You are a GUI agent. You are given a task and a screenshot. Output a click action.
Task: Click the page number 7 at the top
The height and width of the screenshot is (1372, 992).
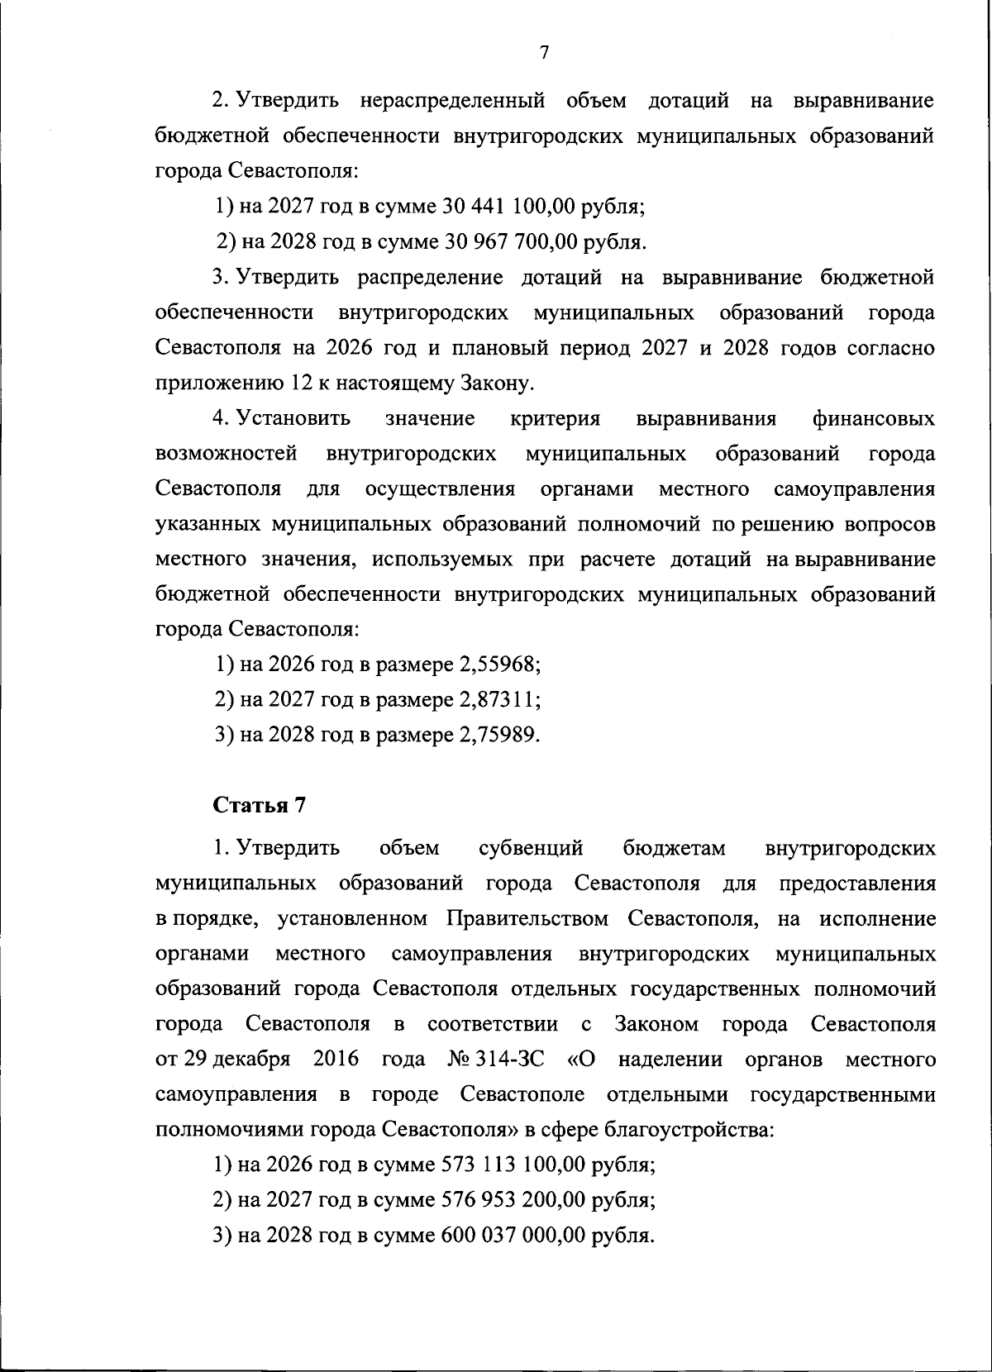(544, 53)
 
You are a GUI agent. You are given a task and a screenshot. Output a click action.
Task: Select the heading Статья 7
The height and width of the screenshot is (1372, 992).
(260, 805)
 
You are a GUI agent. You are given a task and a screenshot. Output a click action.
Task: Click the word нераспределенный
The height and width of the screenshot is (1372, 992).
(452, 102)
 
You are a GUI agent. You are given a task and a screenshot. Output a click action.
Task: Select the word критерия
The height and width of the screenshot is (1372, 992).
(556, 419)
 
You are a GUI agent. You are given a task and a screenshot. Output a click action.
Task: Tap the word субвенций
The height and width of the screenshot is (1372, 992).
(531, 849)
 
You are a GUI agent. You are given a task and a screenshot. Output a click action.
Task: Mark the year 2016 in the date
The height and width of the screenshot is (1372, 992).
(336, 1060)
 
